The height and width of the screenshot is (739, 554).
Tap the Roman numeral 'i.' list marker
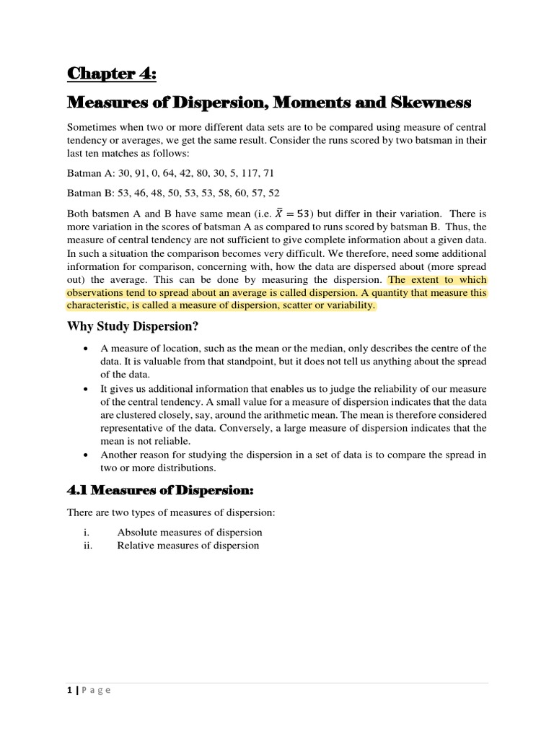(87, 533)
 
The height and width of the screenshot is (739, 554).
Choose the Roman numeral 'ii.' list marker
(88, 546)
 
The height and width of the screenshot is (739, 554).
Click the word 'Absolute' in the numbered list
(137, 533)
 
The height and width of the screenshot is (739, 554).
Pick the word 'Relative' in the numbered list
(136, 546)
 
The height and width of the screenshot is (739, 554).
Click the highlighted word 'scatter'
(289, 305)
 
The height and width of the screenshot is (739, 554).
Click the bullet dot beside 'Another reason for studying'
(87, 455)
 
